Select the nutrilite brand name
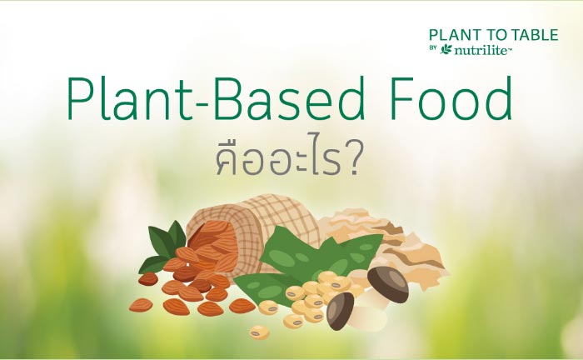pyautogui.click(x=482, y=50)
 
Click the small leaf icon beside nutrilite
pyautogui.click(x=446, y=49)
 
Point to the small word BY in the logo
pyautogui.click(x=433, y=47)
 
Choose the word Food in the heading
pyautogui.click(x=451, y=98)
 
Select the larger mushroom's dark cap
pyautogui.click(x=389, y=283)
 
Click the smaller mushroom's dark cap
pyautogui.click(x=340, y=311)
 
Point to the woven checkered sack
pyautogui.click(x=253, y=227)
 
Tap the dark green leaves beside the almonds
pyautogui.click(x=163, y=246)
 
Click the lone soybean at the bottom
pyautogui.click(x=260, y=332)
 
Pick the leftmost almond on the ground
pyautogui.click(x=141, y=305)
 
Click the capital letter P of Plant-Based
pyautogui.click(x=80, y=99)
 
